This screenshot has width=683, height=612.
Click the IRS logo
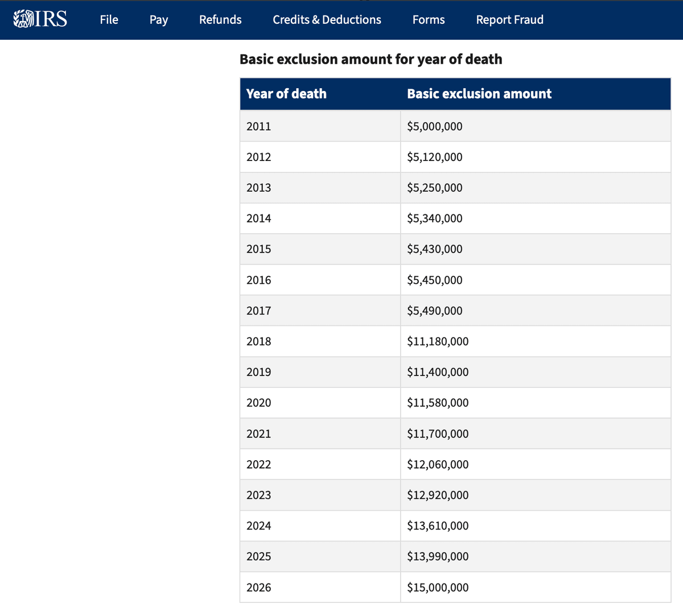(x=40, y=19)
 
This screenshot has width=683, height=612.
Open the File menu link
(x=109, y=19)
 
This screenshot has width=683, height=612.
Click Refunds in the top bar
(x=220, y=19)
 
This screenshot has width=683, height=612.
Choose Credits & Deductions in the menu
(x=327, y=19)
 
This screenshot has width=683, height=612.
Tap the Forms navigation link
(x=429, y=19)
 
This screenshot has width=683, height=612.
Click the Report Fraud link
(x=510, y=19)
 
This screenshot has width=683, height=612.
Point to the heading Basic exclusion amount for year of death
(x=371, y=59)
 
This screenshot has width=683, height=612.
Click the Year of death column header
(x=286, y=94)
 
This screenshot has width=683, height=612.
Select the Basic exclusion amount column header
(x=479, y=94)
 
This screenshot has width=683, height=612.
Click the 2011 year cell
(x=258, y=126)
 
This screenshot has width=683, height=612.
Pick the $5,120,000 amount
(x=434, y=157)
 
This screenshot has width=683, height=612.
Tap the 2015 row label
(x=258, y=249)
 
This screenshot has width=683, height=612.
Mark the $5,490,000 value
(x=434, y=311)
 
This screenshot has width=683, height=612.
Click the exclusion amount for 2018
(x=438, y=341)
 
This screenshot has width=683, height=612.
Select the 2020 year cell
(x=258, y=403)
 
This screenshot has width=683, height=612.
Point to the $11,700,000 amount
(x=438, y=434)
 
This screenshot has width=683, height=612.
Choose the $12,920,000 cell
(x=438, y=495)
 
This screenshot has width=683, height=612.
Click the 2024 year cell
(x=258, y=526)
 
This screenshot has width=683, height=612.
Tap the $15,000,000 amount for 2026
(x=438, y=588)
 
